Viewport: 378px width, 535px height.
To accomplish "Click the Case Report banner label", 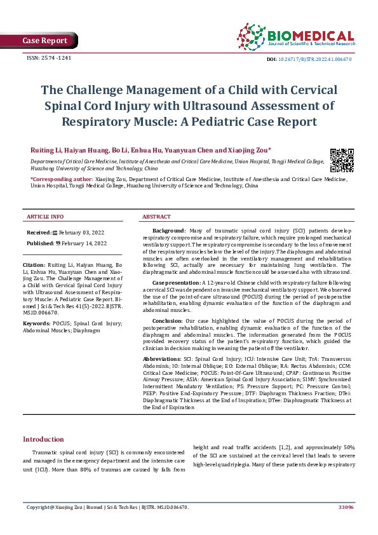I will pyautogui.click(x=44, y=41).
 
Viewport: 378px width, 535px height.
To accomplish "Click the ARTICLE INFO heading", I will pyautogui.click(x=45, y=217).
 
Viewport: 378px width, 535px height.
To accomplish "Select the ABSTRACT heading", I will pyautogui.click(x=156, y=217).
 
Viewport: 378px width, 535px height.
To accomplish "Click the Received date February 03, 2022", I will pyautogui.click(x=82, y=233).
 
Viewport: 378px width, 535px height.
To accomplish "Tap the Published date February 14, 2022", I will pyautogui.click(x=83, y=243).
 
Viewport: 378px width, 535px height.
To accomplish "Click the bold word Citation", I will pyautogui.click(x=34, y=264).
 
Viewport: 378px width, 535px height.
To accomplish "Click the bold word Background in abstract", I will pyautogui.click(x=168, y=230).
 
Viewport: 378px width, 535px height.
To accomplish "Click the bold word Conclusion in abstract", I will pyautogui.click(x=168, y=320).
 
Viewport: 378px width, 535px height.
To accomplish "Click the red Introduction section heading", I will pyautogui.click(x=43, y=439).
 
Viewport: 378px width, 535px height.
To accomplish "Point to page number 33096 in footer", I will pyautogui.click(x=346, y=508).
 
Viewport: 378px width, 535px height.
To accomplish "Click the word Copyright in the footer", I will pyautogui.click(x=37, y=508).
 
